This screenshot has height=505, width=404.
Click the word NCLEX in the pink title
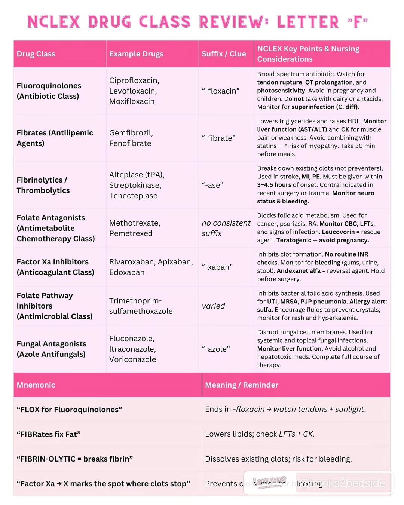click(54, 22)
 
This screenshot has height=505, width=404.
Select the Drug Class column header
click(36, 54)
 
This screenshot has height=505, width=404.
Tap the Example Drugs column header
click(136, 54)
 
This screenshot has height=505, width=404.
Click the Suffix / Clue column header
click(224, 54)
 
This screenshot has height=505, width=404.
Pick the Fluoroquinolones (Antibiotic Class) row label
click(49, 91)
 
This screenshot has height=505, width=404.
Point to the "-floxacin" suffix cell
click(220, 91)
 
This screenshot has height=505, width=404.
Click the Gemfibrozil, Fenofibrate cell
click(131, 138)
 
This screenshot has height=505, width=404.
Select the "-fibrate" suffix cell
click(218, 138)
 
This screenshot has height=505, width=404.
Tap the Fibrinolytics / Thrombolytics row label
click(43, 185)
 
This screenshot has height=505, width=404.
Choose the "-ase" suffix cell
click(212, 185)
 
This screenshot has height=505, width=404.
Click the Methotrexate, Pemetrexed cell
click(135, 228)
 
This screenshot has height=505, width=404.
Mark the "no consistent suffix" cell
click(226, 228)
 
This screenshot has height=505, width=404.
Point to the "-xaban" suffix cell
click(217, 267)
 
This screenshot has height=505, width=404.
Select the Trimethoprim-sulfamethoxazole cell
click(141, 306)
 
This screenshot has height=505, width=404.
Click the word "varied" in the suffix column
click(213, 306)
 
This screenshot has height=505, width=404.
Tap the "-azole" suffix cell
click(215, 349)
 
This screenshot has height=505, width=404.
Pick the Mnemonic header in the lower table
click(36, 385)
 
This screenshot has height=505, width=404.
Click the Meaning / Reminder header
click(242, 385)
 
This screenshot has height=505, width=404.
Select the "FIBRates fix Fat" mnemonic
click(49, 434)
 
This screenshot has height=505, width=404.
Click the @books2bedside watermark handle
click(342, 483)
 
